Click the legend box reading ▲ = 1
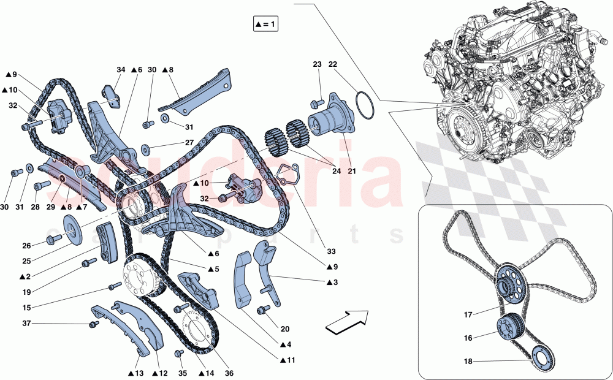point(265,25)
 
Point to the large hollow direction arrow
point(347,322)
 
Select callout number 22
point(333,64)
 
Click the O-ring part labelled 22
point(365,104)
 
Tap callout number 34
point(121,70)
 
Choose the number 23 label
point(317,64)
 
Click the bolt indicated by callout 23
point(316,104)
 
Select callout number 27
point(189,143)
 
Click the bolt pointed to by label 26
point(52,240)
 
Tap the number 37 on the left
point(26,324)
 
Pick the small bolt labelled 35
point(178,353)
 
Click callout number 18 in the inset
point(468,362)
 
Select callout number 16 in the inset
point(468,338)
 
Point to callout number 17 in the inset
point(468,314)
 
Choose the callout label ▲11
point(287,360)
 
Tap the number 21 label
point(352,171)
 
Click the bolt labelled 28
point(42,185)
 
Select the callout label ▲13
point(135,373)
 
